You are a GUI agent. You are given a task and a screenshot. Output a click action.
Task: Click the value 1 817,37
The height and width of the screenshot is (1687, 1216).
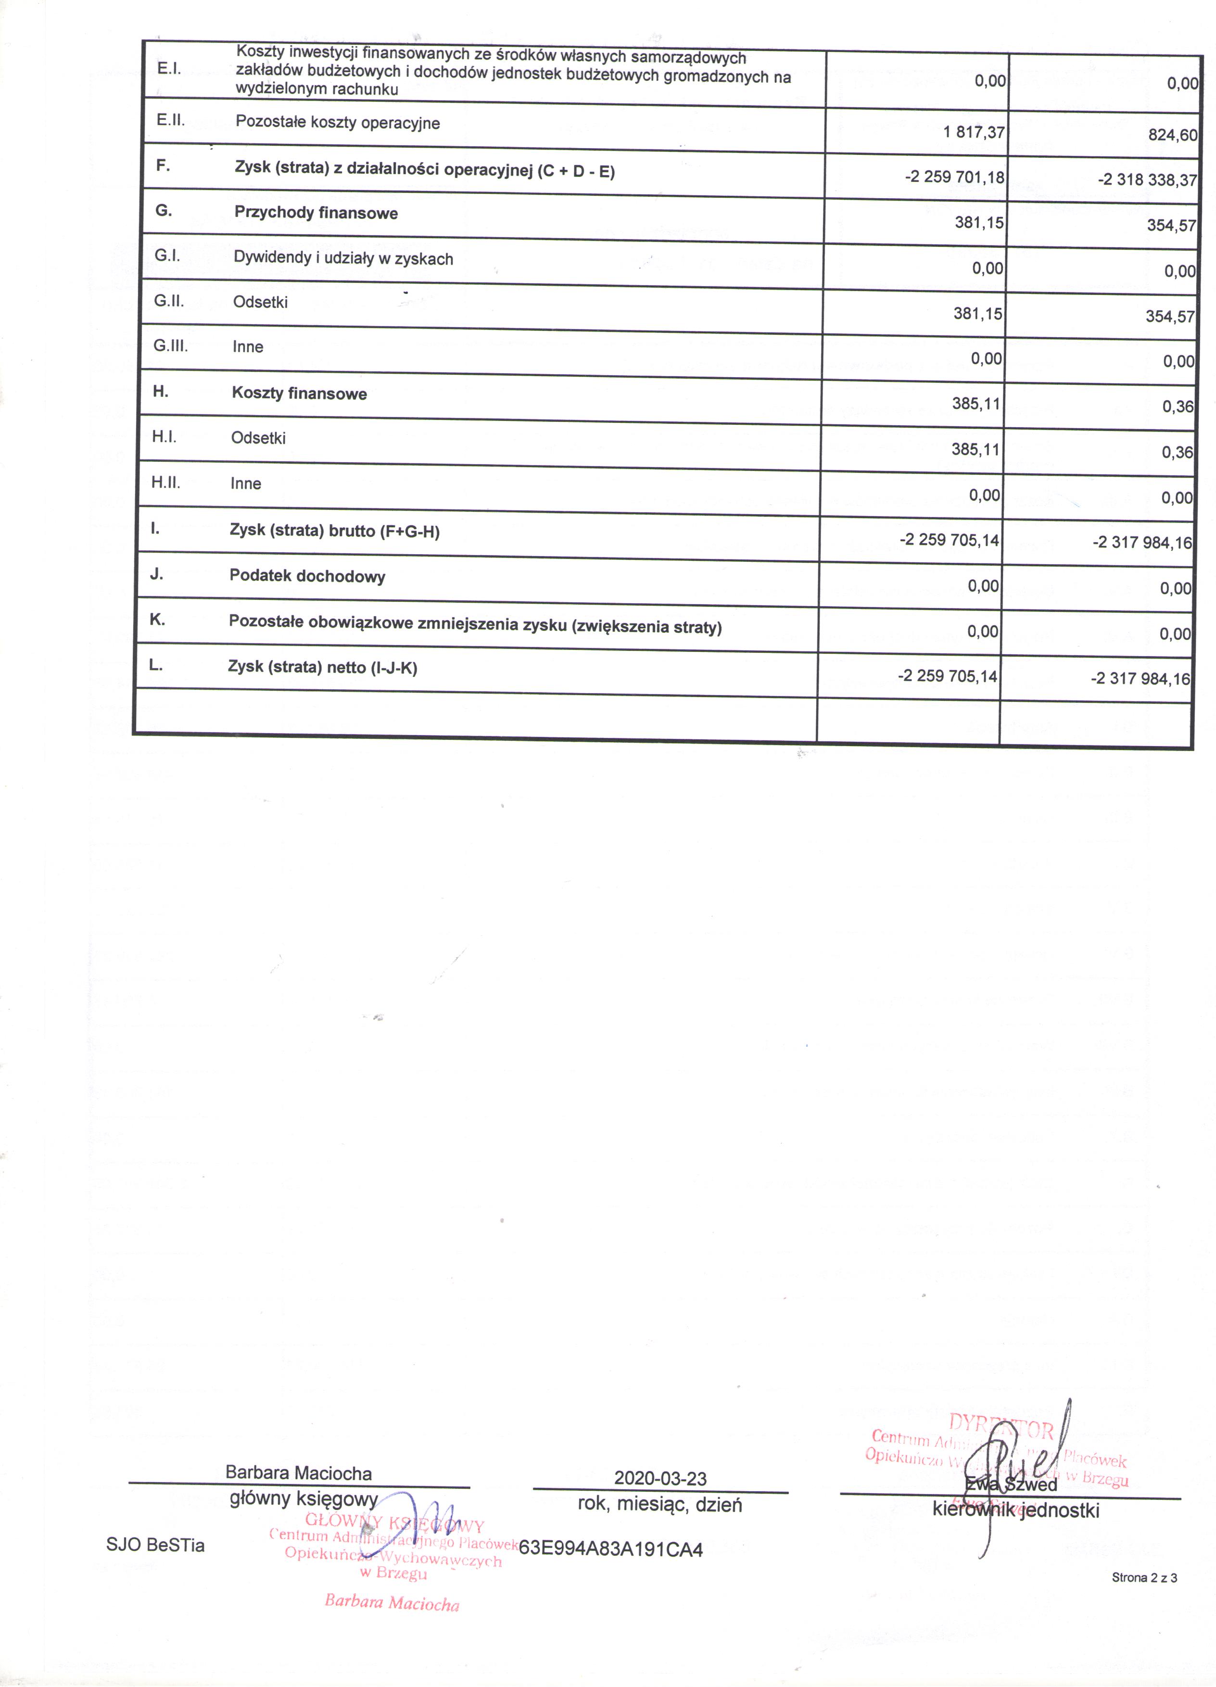pyautogui.click(x=974, y=132)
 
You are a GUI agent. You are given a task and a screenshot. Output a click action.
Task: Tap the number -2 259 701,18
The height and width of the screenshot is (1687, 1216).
pyautogui.click(x=954, y=177)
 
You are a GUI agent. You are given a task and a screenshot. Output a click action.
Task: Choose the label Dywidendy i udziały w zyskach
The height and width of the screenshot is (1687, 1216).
pyautogui.click(x=343, y=259)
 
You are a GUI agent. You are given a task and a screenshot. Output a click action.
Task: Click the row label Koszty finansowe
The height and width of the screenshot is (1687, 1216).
pyautogui.click(x=299, y=393)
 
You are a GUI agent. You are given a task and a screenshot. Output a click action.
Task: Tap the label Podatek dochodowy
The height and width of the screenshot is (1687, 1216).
pyautogui.click(x=307, y=576)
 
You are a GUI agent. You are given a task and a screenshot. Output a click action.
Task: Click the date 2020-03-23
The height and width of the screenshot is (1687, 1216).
pyautogui.click(x=660, y=1478)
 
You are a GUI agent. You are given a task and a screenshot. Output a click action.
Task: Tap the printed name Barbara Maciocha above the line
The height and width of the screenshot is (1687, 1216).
pyautogui.click(x=298, y=1473)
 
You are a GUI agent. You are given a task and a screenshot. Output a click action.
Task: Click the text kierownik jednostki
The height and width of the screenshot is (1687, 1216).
pyautogui.click(x=1015, y=1510)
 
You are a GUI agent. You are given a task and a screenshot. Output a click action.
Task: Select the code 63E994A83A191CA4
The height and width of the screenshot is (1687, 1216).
pyautogui.click(x=610, y=1549)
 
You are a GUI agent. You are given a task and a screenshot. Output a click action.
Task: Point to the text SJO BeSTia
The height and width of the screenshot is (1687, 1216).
pyautogui.click(x=155, y=1545)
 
